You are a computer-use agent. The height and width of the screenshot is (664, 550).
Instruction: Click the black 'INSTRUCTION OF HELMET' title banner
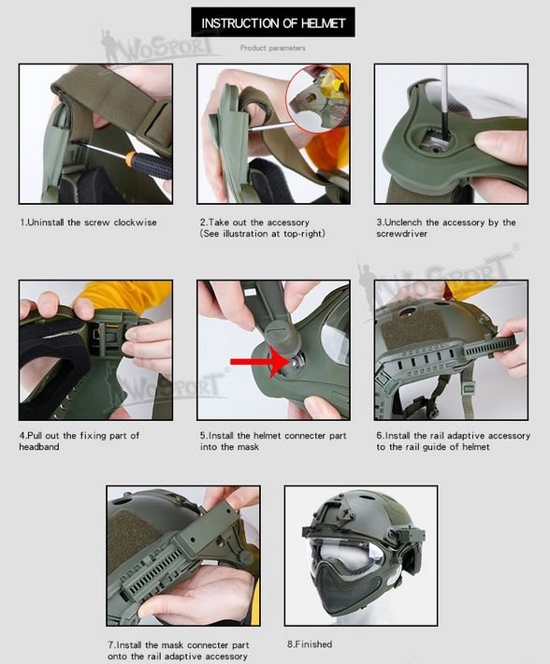[x=273, y=22]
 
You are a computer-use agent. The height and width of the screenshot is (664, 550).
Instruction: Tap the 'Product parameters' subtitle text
[x=272, y=48]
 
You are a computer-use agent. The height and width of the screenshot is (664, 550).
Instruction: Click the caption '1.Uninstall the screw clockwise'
[x=89, y=223]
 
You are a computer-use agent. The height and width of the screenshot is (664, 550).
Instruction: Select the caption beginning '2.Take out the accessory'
[x=263, y=227]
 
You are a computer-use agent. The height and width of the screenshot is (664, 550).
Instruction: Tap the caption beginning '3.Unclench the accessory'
[x=445, y=227]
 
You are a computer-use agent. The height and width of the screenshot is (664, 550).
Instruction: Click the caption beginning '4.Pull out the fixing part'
[x=80, y=441]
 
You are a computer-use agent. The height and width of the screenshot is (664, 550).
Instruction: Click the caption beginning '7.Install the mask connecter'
[x=179, y=650]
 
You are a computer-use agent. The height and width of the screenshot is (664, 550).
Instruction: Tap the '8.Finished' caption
[x=310, y=644]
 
